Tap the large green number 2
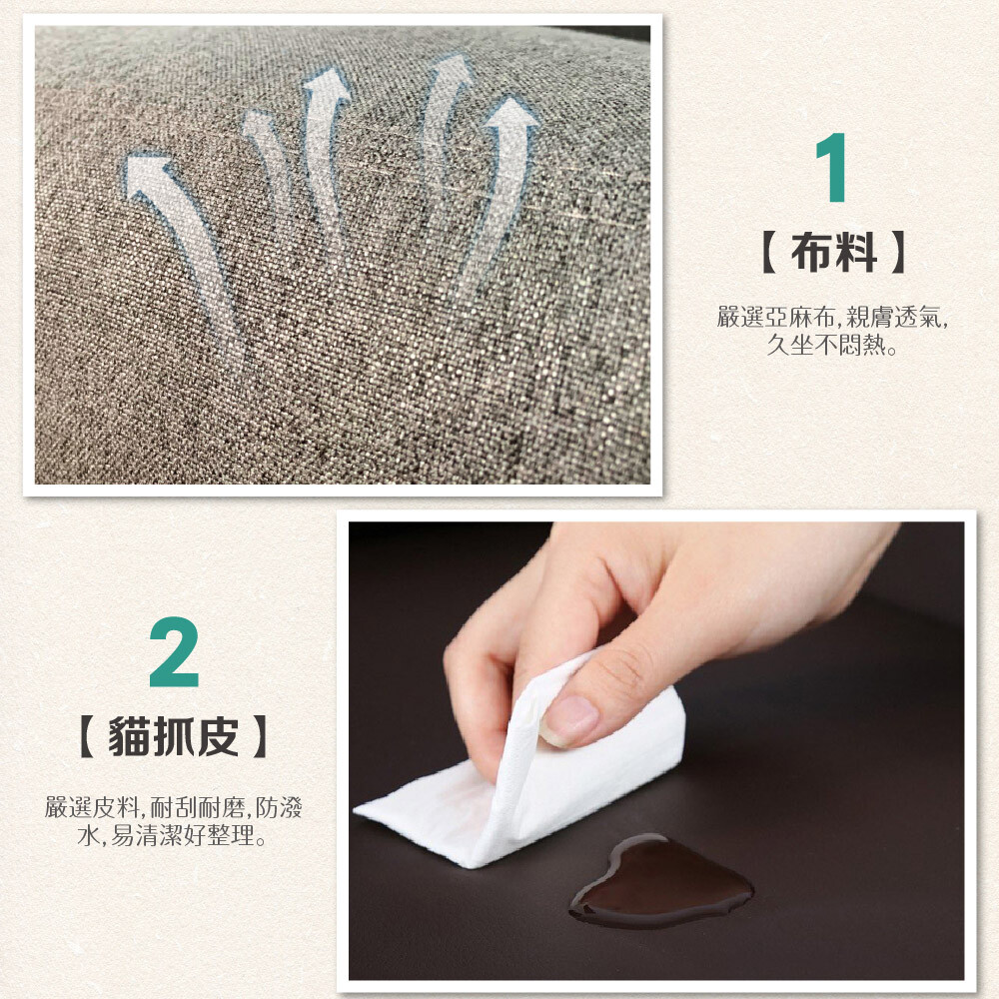tap(174, 651)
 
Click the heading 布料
tap(833, 253)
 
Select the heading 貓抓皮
tap(173, 736)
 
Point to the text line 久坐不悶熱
tap(832, 345)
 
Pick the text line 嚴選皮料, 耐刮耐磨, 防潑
tap(173, 807)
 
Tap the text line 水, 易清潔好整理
tap(173, 835)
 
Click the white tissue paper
tap(528, 774)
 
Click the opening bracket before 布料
tap(768, 253)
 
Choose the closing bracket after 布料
tap(899, 253)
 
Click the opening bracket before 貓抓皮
tap(87, 736)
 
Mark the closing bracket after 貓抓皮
tap(260, 736)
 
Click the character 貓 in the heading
tap(129, 736)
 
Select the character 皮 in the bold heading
tap(219, 736)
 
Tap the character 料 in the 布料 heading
tap(856, 253)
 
